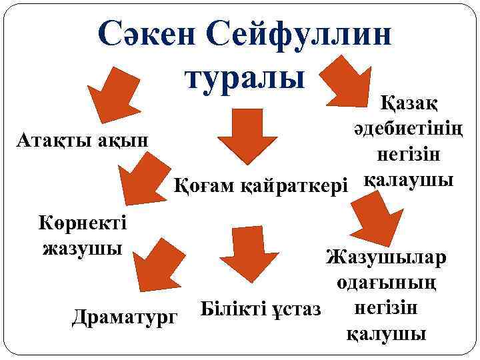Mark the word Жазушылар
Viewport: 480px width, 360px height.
coord(386,257)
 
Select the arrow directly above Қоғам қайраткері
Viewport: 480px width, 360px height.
coord(248,137)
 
